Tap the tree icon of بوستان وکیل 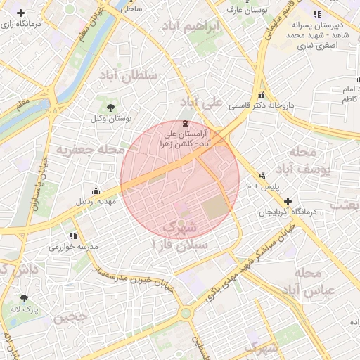(111, 107)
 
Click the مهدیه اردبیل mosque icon (96, 190)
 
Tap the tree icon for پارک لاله (25, 298)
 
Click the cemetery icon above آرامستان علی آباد (185, 123)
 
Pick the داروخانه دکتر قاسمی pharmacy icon (262, 94)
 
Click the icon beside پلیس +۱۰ (262, 176)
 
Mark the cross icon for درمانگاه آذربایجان (288, 201)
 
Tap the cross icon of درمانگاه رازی (21, 13)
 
